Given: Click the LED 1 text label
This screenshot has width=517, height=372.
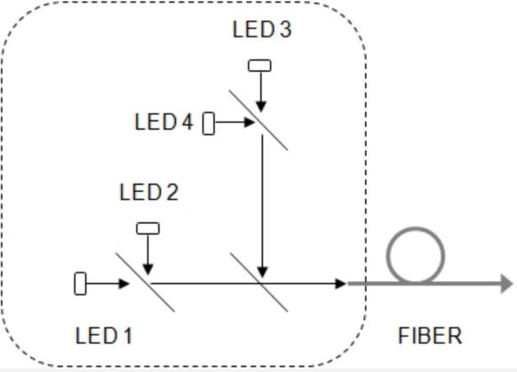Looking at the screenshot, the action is tap(104, 336).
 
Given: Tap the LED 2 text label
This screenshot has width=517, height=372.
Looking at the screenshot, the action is tap(148, 192).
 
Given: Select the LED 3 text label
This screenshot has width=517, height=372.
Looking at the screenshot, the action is tap(262, 29).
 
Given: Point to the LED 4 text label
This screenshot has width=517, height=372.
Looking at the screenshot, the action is tap(163, 122).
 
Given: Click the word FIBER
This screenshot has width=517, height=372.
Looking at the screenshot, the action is tap(430, 336).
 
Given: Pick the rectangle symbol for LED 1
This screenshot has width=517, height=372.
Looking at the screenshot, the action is tap(80, 283).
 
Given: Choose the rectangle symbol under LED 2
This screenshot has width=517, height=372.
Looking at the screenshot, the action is tap(148, 228).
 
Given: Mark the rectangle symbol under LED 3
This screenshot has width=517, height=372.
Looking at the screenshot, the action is tap(259, 66).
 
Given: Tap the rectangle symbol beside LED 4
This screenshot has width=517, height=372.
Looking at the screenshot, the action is tap(209, 123).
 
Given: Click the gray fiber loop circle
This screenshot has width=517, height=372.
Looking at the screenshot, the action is tap(416, 228).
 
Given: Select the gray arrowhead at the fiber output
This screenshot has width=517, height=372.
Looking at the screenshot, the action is tap(506, 283).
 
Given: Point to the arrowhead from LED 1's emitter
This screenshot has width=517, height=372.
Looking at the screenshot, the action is tap(124, 283).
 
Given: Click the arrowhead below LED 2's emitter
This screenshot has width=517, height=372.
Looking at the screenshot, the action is tap(148, 270).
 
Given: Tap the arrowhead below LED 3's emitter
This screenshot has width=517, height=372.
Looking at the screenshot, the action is tap(261, 107).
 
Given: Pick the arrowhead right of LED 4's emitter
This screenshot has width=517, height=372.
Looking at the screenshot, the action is tap(250, 123).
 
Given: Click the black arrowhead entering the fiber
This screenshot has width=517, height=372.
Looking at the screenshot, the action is tap(340, 283).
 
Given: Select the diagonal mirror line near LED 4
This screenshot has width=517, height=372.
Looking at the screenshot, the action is tap(258, 120).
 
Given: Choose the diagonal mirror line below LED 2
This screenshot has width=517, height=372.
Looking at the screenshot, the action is tap(145, 282).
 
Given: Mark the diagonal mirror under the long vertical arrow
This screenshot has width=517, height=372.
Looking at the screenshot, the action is tap(258, 282).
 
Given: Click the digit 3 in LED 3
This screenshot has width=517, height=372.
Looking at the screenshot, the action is tap(286, 29).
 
